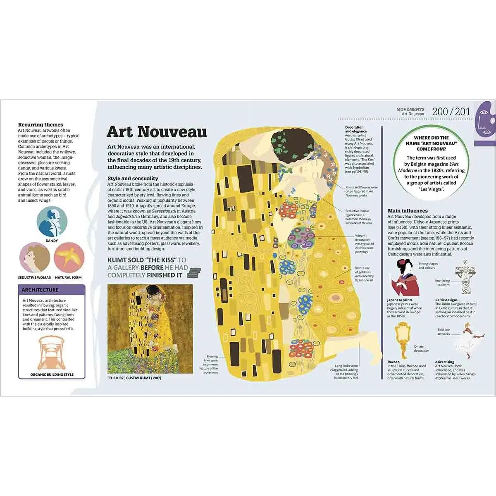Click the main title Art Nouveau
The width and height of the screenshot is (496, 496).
point(157,131)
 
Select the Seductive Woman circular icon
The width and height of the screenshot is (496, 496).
point(35,258)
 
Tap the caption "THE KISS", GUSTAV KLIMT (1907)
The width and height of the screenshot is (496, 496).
point(134,378)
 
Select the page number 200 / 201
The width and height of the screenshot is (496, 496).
point(451,112)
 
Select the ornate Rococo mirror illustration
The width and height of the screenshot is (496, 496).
point(400,334)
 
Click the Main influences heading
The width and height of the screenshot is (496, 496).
point(408,210)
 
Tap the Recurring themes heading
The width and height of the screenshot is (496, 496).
point(41,124)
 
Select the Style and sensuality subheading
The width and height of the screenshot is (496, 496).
point(132,179)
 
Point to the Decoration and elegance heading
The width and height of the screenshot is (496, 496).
point(354,129)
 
